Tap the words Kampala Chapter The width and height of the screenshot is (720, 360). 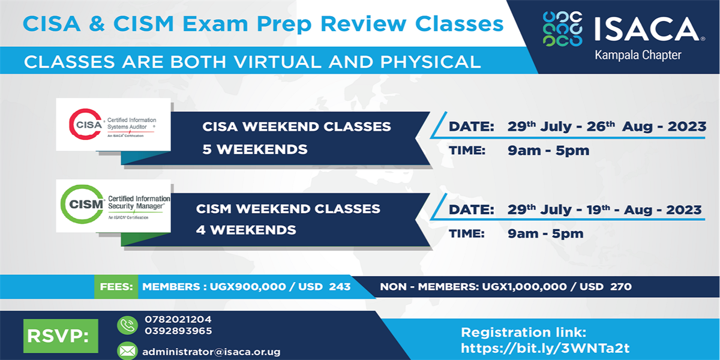click(638, 55)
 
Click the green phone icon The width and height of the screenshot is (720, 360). click(127, 325)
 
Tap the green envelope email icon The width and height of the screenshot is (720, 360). click(127, 350)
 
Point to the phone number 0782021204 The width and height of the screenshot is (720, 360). click(178, 319)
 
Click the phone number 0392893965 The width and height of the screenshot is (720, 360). click(178, 331)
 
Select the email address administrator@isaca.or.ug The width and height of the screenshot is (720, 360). click(211, 352)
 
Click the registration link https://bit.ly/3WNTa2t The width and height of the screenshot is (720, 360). click(545, 348)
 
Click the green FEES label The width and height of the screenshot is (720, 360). click(116, 287)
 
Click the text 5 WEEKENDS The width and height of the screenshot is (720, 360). click(255, 149)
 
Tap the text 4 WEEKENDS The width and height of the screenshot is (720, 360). click(246, 229)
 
